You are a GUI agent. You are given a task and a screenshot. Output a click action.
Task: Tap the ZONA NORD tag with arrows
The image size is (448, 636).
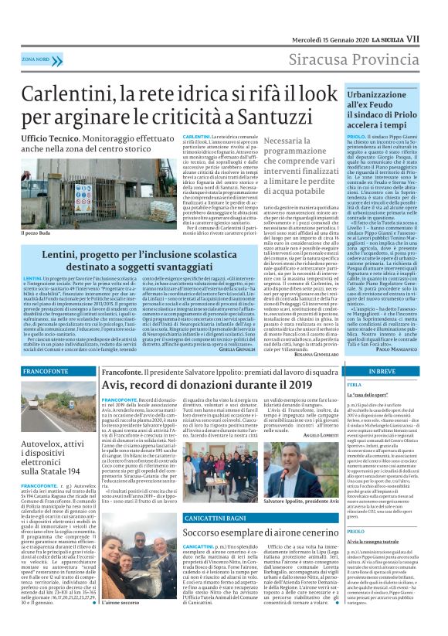click(x=36, y=59)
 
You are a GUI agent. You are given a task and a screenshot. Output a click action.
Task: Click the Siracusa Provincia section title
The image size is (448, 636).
click(x=354, y=59)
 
